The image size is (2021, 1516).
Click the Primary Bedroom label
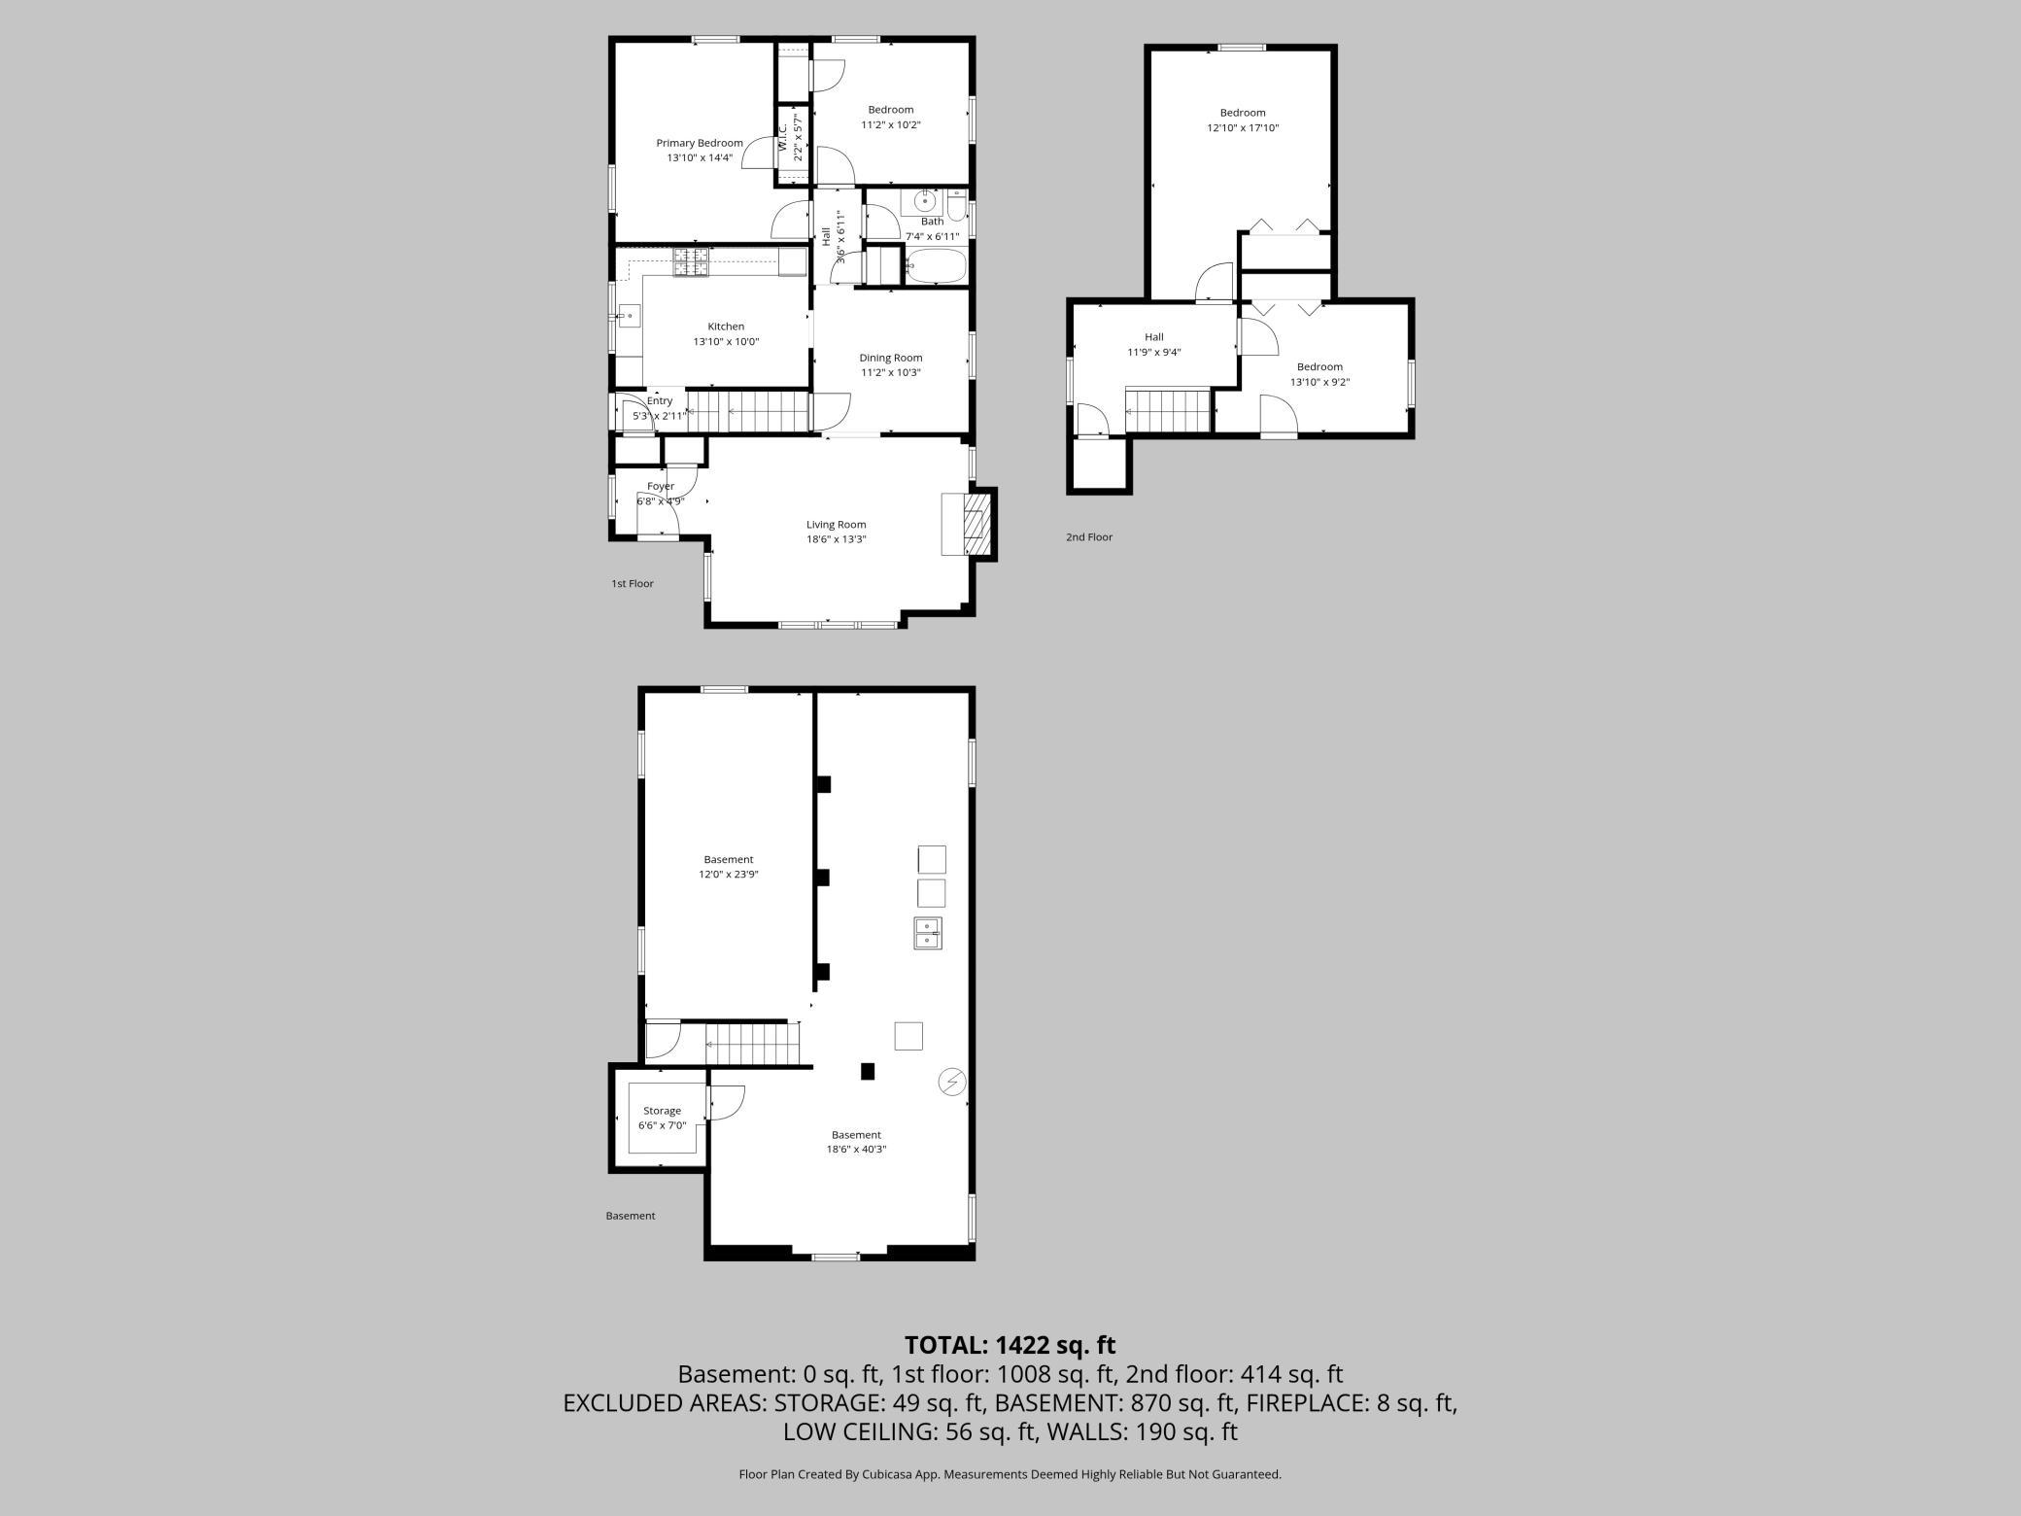[699, 143]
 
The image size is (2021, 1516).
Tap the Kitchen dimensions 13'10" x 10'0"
[725, 342]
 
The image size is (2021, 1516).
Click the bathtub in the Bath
[936, 266]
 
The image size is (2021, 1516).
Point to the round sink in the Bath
[924, 202]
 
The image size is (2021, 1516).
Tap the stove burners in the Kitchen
[691, 262]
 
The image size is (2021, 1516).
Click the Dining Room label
[890, 358]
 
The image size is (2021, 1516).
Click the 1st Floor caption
[632, 584]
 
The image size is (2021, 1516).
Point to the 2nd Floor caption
[1088, 537]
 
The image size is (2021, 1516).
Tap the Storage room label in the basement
[662, 1111]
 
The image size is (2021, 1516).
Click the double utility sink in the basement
[928, 933]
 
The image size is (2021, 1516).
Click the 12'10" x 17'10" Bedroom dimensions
[1243, 128]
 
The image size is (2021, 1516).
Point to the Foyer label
[660, 486]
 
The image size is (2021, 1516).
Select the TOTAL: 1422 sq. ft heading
[1010, 1345]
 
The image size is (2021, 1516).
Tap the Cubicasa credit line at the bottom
[1010, 1474]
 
